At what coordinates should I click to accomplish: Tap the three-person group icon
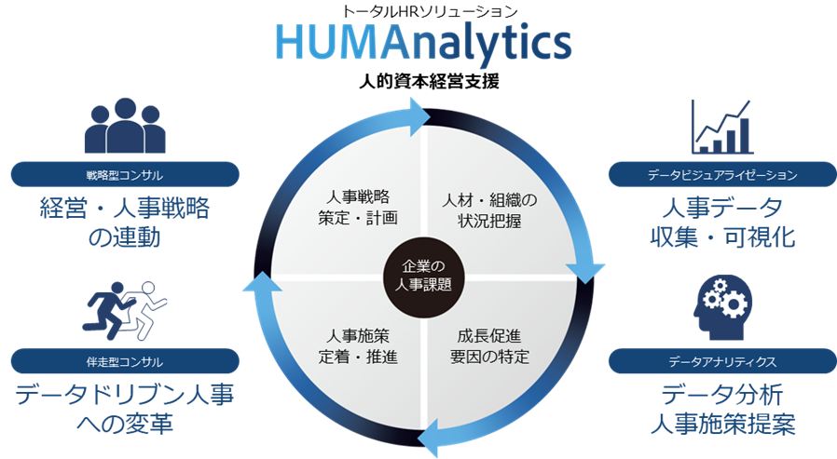click(x=124, y=128)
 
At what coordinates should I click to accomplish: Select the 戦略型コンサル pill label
click(x=124, y=174)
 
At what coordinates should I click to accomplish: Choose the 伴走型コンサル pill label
click(x=124, y=360)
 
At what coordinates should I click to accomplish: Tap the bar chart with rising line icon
click(x=721, y=127)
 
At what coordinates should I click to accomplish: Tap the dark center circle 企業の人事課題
click(x=418, y=277)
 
